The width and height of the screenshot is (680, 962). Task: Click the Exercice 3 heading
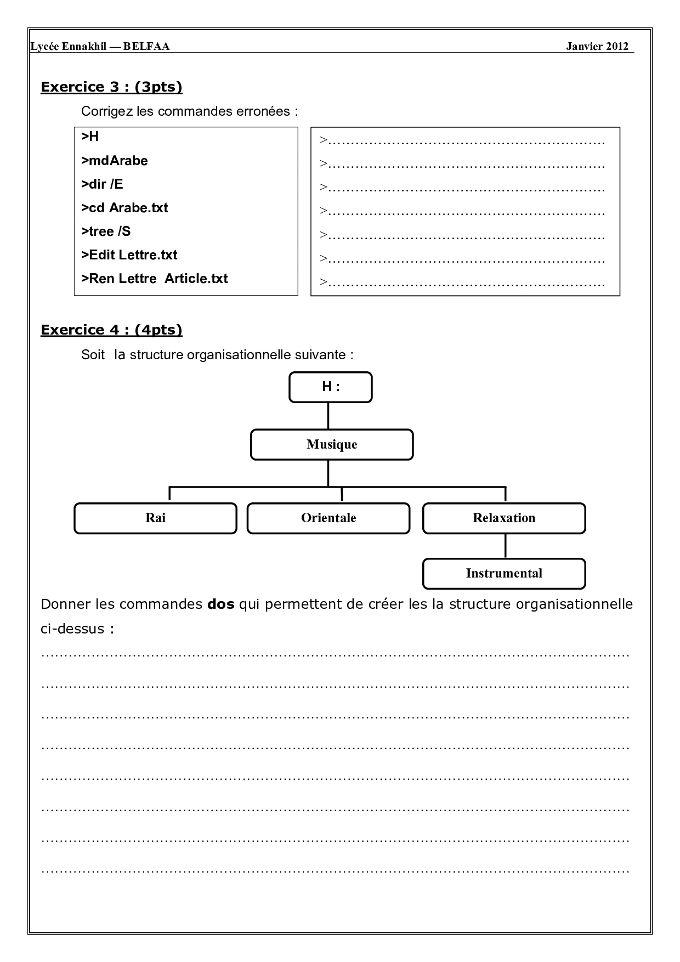point(111,87)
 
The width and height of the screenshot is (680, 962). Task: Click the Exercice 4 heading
point(111,330)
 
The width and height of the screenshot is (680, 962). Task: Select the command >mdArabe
point(114,161)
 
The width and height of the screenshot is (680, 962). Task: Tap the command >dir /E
point(102,184)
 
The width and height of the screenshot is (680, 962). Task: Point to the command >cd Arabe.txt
point(124,208)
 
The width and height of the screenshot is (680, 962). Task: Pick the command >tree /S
point(106,231)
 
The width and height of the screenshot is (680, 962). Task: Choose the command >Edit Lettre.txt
point(129,255)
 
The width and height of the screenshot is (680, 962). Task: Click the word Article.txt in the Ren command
point(196,279)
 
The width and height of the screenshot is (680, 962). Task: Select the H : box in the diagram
point(330,387)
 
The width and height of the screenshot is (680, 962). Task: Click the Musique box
point(331,444)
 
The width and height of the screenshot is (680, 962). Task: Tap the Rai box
point(155,518)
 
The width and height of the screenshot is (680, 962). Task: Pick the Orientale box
point(328,518)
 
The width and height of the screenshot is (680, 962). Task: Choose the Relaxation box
point(503,518)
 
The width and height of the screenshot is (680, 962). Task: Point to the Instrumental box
point(503,574)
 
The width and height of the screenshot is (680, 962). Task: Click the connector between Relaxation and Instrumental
point(505,546)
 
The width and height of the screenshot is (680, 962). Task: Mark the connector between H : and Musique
point(328,416)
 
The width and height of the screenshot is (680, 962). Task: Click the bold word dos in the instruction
point(221,604)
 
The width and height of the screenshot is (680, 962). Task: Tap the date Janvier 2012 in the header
point(597,47)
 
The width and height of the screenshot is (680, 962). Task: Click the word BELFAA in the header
point(146,47)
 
